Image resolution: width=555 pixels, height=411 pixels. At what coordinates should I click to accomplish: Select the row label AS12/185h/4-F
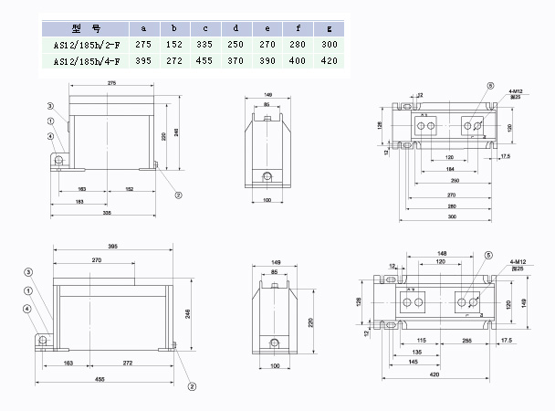click(x=80, y=61)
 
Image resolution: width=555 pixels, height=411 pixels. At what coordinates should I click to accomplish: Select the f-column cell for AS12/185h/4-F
click(x=297, y=61)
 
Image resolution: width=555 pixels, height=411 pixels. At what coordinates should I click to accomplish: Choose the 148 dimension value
click(x=441, y=253)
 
